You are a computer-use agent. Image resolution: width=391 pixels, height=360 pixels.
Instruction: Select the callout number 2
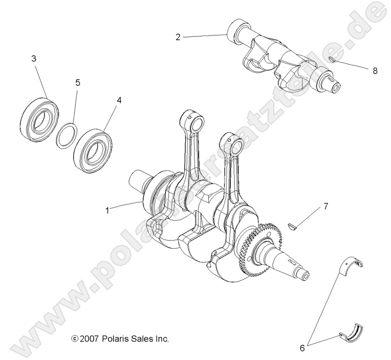[178, 37]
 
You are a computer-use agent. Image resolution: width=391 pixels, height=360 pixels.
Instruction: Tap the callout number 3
[34, 59]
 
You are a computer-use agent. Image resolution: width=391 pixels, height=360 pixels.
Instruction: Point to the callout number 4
[119, 100]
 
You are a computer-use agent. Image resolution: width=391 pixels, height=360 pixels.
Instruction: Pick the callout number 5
[78, 82]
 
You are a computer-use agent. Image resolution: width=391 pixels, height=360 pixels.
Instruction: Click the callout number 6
[302, 348]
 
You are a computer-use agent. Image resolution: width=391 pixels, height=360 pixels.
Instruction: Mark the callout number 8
[375, 71]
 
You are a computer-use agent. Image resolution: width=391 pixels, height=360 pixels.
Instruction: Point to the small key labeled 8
[330, 59]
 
